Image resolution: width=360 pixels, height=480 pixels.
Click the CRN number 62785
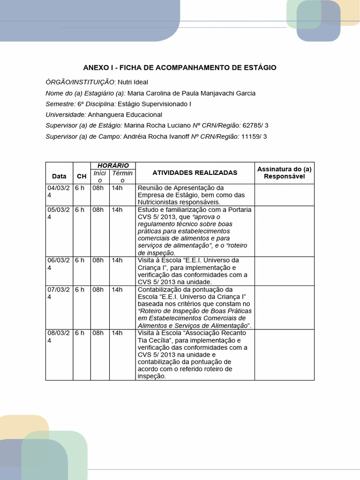click(252, 126)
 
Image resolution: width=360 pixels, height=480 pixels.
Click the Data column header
click(59, 176)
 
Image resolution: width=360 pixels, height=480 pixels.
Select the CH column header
click(82, 176)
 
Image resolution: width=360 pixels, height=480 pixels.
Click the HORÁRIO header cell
click(113, 165)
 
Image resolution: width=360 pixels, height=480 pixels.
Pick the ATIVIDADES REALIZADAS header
click(195, 172)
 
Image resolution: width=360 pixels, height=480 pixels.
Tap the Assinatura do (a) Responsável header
click(284, 172)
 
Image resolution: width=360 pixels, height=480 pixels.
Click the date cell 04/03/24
click(58, 191)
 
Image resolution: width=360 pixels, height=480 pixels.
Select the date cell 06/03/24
click(58, 264)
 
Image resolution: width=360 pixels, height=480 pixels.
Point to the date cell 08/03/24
click(58, 337)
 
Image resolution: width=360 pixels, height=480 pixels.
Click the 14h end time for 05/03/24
click(117, 210)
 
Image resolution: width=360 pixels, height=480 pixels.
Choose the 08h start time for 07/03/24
click(98, 289)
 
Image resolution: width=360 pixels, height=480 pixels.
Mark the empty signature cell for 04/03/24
click(284, 195)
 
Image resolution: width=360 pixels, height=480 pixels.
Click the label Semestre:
click(60, 104)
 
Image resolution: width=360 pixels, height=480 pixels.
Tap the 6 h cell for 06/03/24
click(80, 260)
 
